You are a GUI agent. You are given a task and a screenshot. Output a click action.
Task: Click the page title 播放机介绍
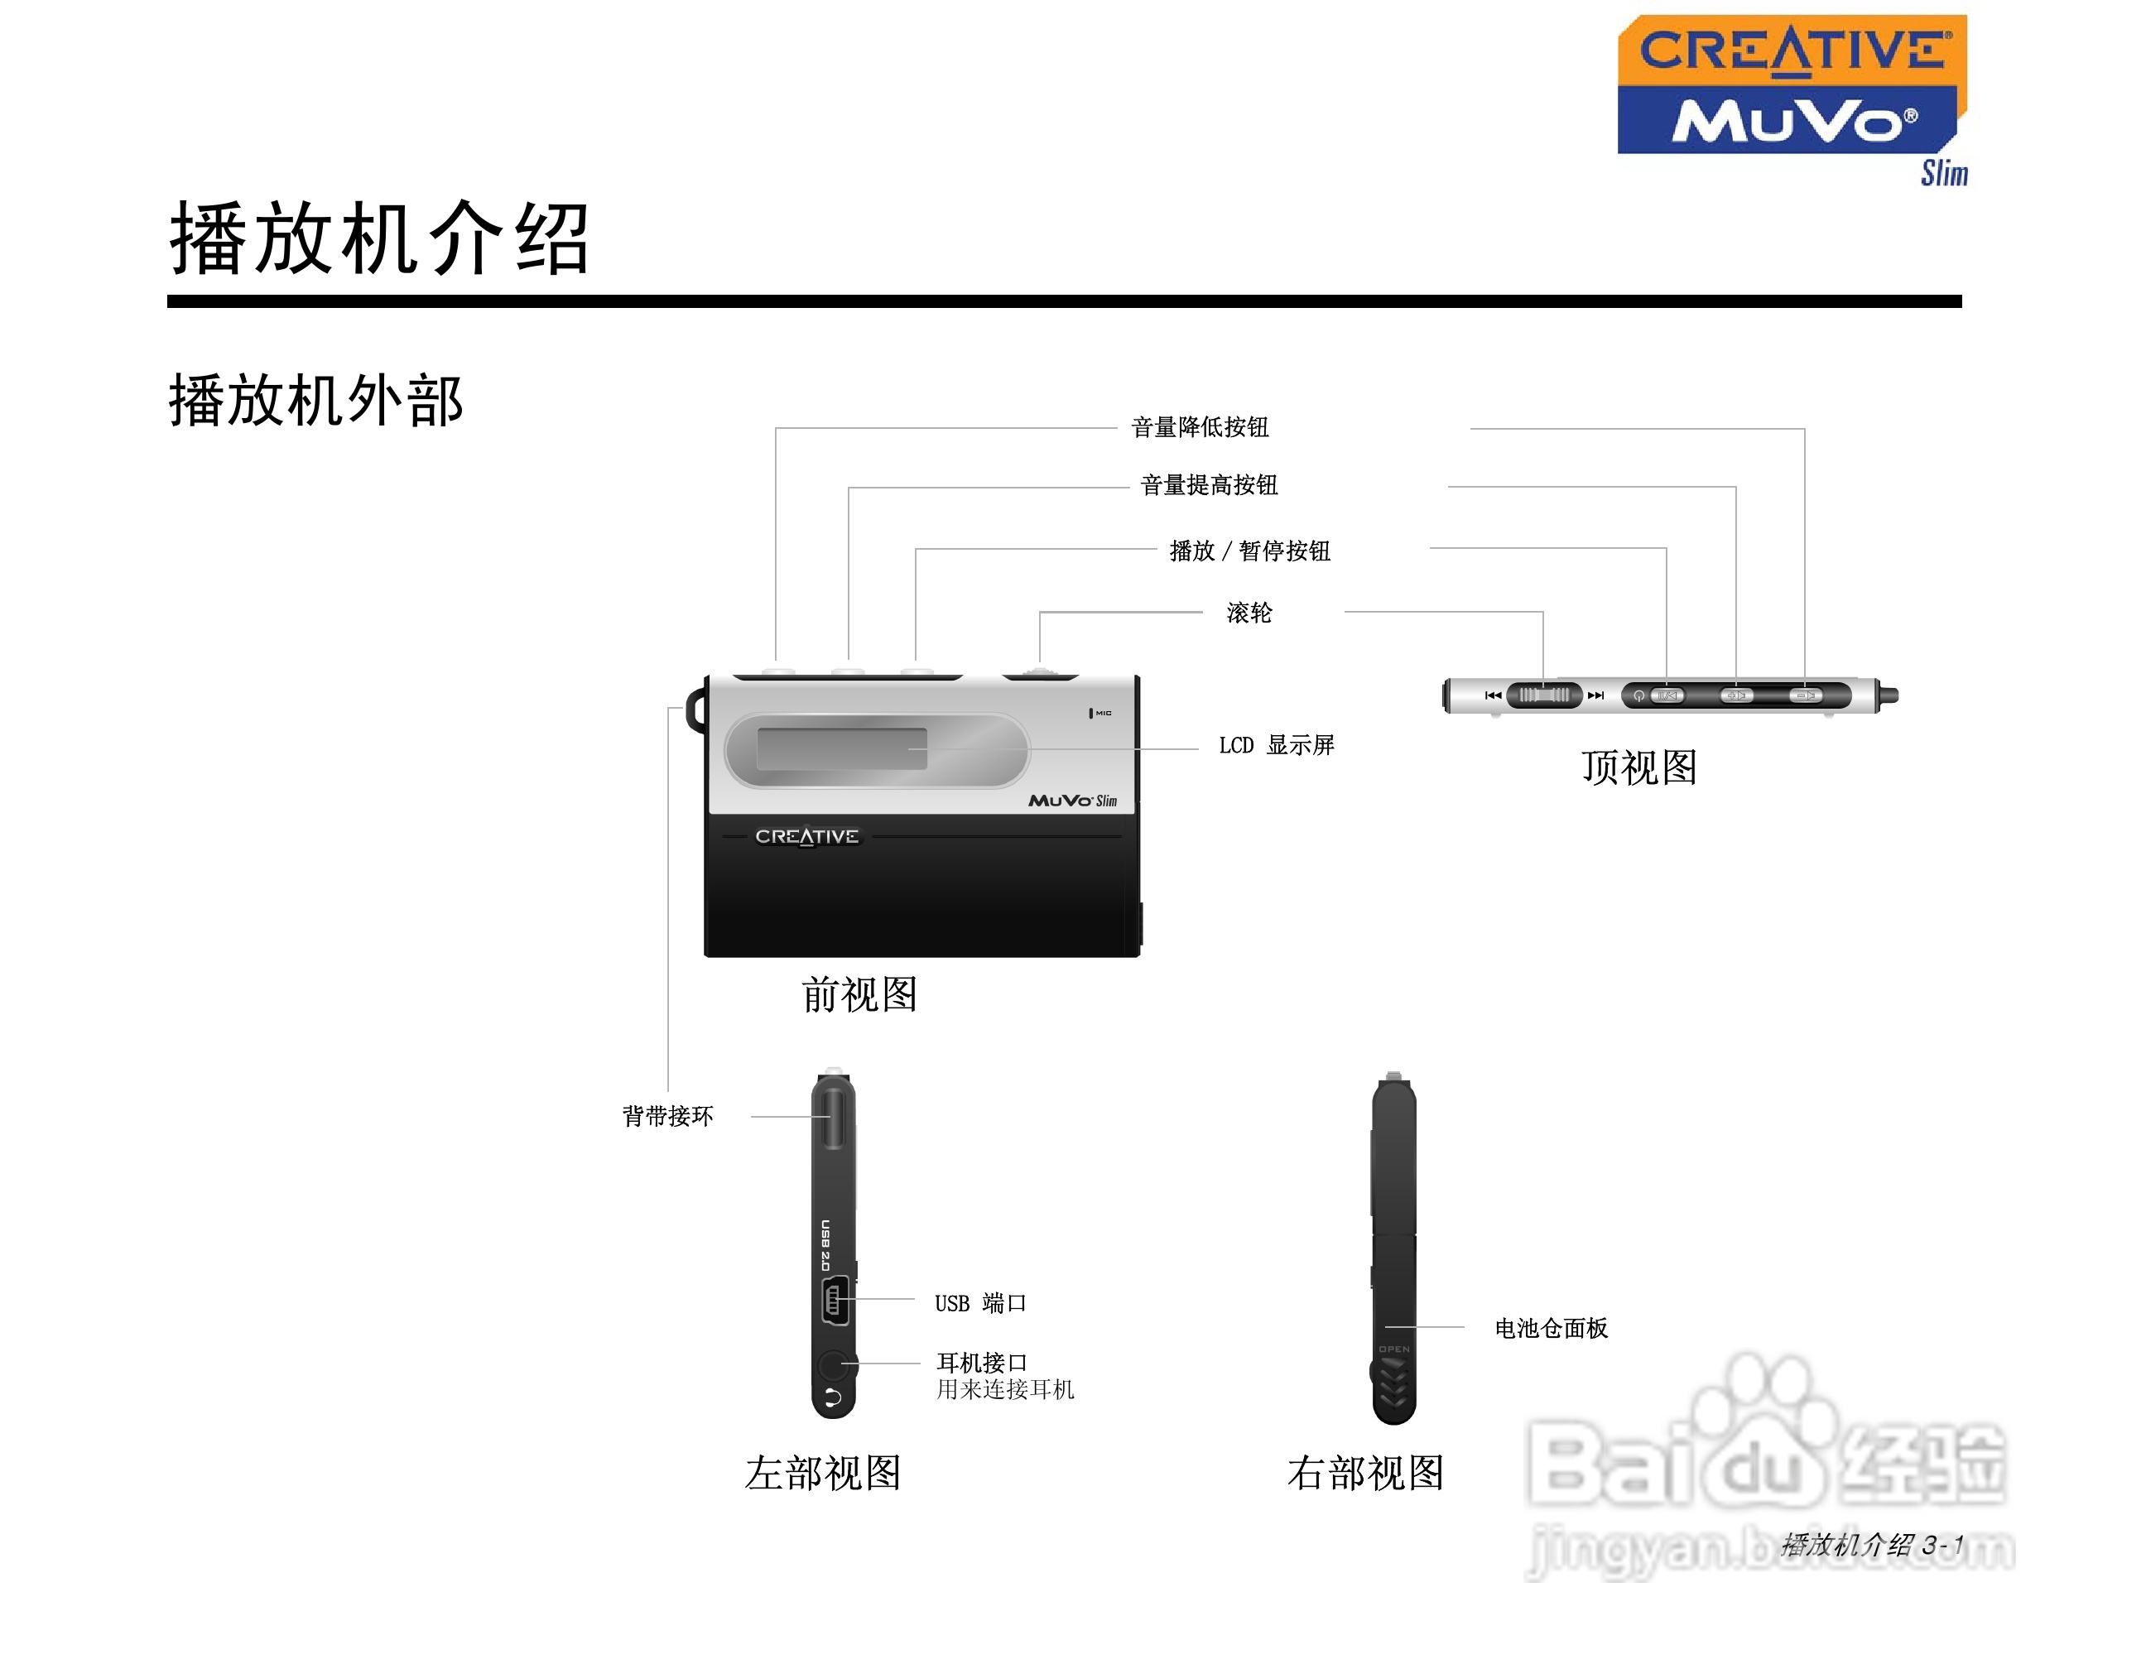379,238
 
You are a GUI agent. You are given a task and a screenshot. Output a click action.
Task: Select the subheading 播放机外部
315,401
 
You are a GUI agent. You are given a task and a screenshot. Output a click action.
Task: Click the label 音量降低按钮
1200,427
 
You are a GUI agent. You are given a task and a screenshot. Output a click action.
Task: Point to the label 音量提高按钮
1209,485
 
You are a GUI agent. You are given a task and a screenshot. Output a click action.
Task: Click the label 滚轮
1249,613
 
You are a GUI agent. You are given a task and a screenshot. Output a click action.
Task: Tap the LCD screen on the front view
842,748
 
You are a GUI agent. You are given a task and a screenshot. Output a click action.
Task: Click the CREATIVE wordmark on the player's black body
806,837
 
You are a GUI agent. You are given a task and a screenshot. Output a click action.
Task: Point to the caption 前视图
859,995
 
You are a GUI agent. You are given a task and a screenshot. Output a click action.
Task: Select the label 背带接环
667,1116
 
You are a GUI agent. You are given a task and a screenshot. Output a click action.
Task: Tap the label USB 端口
979,1304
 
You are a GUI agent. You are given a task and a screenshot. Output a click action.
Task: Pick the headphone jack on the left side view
833,1364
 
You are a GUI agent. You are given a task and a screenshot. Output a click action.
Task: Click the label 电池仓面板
1551,1329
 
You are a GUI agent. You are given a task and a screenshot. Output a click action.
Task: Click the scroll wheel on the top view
1543,695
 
